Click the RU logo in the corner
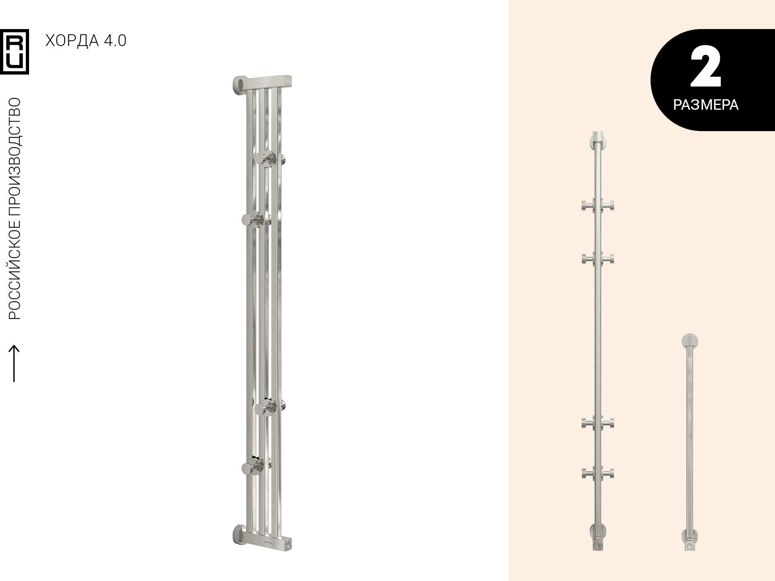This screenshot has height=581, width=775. [15, 52]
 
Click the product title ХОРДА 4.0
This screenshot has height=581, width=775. [86, 41]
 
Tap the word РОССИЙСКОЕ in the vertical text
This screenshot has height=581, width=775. [15, 270]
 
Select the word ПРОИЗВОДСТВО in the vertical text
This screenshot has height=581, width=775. [15, 157]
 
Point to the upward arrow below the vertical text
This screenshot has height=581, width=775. [14, 363]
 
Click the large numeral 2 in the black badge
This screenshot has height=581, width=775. [706, 66]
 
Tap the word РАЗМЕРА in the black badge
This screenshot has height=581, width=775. [706, 105]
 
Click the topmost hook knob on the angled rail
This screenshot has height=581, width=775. [266, 159]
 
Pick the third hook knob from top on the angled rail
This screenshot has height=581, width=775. [266, 407]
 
